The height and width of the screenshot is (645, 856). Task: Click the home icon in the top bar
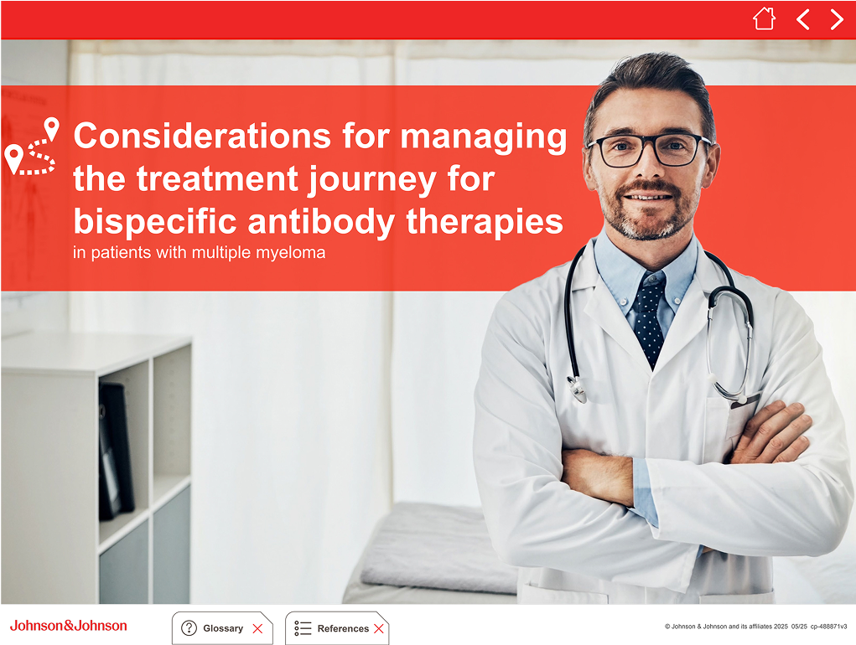[x=764, y=18]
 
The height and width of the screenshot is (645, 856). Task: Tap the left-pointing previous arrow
[x=802, y=19]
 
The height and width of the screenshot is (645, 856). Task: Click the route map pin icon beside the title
[x=31, y=146]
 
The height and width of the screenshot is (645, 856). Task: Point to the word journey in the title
[x=372, y=180]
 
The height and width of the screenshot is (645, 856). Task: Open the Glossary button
[x=222, y=628]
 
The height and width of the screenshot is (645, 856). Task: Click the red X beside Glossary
[x=257, y=628]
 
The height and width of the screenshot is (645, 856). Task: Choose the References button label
[x=343, y=628]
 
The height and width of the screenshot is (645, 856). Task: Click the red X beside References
[x=378, y=628]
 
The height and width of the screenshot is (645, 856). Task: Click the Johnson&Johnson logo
[x=68, y=626]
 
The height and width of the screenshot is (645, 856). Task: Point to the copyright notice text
[x=755, y=627]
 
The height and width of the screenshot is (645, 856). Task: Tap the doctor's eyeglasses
[x=648, y=149]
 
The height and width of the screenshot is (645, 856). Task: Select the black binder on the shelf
[x=116, y=451]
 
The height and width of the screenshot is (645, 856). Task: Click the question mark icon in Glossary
[x=189, y=628]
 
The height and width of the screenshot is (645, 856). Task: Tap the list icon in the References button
[x=303, y=628]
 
